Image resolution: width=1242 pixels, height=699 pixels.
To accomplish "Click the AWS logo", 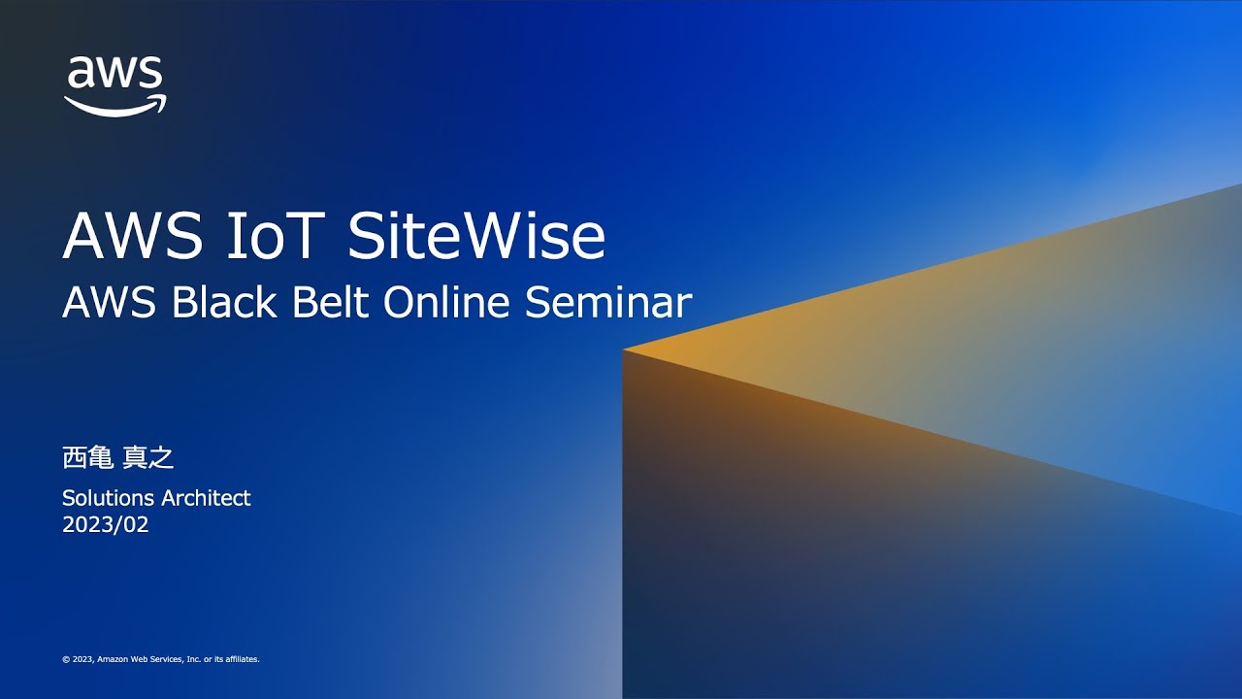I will coord(115,85).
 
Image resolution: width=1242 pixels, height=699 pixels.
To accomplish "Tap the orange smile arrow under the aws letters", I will coord(115,106).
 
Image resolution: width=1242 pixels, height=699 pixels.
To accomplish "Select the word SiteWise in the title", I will coord(476,236).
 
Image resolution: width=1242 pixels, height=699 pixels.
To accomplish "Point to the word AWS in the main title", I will coord(133,236).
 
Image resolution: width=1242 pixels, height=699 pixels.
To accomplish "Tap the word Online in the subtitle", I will coord(446,303).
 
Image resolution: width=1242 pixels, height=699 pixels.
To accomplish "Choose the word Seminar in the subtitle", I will coord(608,303).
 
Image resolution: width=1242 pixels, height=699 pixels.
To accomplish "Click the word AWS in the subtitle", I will coord(110,303).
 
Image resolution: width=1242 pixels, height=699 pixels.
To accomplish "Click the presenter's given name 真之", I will coord(148,458).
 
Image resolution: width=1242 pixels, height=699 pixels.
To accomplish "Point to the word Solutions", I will coord(108,498).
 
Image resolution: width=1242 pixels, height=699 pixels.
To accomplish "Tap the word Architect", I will coord(206,498).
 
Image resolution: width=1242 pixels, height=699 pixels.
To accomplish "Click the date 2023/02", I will coord(106,525).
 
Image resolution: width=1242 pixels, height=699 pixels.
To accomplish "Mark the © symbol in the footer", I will coord(66,659).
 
